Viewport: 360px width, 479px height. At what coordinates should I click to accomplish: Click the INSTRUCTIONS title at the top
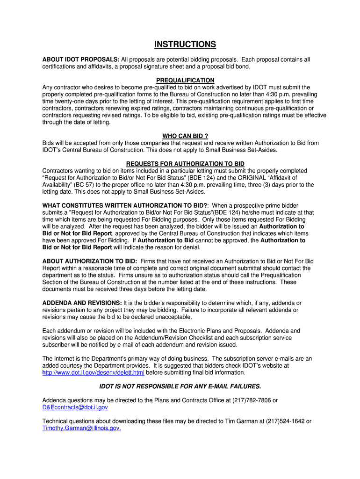(x=185, y=45)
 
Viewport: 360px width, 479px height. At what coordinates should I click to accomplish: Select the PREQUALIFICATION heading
(x=185, y=80)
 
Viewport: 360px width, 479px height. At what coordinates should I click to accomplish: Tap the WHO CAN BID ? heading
(x=185, y=136)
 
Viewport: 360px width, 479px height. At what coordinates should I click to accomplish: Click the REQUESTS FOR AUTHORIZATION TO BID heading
(x=185, y=164)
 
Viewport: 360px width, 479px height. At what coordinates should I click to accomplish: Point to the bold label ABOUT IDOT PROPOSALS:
(x=81, y=60)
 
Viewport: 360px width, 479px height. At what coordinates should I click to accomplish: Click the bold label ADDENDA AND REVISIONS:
(x=82, y=303)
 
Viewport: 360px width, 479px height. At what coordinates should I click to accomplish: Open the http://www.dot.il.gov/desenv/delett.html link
(x=94, y=373)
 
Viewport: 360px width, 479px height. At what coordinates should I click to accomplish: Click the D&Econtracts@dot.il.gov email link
(x=75, y=407)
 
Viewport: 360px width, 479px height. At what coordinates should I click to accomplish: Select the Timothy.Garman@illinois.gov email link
(x=82, y=428)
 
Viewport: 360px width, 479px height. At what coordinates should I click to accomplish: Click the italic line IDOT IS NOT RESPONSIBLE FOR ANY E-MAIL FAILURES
(x=180, y=386)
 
